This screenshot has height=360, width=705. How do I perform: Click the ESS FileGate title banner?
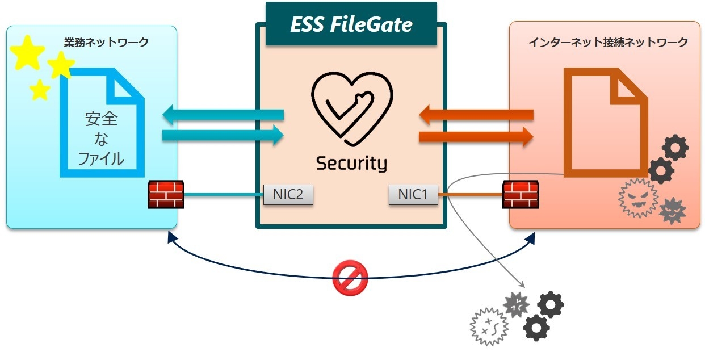[351, 24]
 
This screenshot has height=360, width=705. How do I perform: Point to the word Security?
[351, 164]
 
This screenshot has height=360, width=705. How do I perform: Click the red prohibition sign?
[350, 279]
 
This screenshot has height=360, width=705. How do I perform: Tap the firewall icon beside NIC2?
[166, 195]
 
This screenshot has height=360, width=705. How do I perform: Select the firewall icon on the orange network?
[521, 195]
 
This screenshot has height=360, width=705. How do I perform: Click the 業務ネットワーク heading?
[107, 43]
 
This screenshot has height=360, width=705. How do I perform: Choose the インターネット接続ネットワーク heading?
[608, 43]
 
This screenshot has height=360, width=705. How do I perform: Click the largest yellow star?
[27, 53]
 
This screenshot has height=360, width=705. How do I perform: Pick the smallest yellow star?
[40, 90]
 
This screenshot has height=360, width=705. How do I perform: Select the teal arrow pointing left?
[223, 115]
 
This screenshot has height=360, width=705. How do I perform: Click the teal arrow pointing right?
[223, 136]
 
